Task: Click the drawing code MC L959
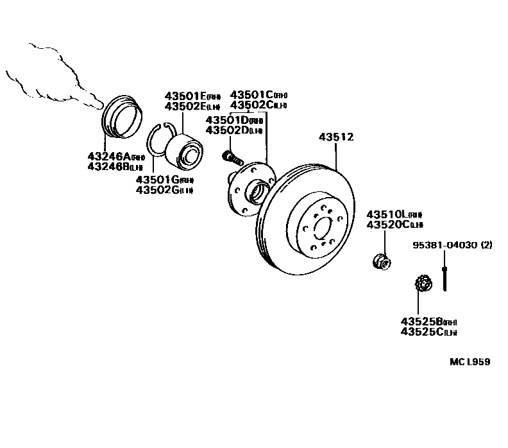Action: tap(469, 362)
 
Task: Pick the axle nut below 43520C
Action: tap(380, 261)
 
